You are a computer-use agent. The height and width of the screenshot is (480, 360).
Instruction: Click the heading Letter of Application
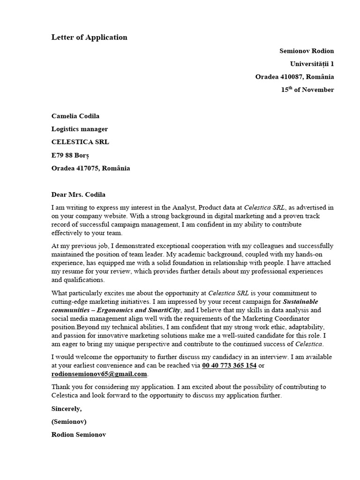click(x=89, y=37)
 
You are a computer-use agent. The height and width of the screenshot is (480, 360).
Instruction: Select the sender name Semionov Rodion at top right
click(x=307, y=51)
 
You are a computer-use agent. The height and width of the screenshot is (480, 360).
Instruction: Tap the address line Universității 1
click(x=312, y=64)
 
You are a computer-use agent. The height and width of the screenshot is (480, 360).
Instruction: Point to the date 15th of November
click(x=307, y=90)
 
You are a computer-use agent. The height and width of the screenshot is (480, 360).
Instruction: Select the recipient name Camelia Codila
click(x=75, y=116)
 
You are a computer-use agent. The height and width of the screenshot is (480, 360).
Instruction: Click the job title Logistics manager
click(x=79, y=129)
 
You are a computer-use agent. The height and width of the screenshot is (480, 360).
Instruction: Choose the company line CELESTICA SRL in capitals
click(x=80, y=142)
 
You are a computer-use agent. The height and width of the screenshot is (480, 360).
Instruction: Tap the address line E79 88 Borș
click(x=70, y=155)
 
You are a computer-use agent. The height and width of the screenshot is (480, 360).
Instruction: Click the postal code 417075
click(x=88, y=168)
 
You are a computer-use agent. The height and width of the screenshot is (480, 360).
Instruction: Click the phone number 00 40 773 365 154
click(x=229, y=366)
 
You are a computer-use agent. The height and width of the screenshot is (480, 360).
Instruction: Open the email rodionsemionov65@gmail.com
click(x=99, y=374)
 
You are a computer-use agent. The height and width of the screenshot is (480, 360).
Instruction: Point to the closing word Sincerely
click(x=66, y=409)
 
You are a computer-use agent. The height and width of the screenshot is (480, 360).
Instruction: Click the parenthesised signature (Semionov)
click(x=69, y=421)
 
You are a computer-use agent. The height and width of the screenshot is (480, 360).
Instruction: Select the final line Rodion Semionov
click(x=79, y=435)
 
